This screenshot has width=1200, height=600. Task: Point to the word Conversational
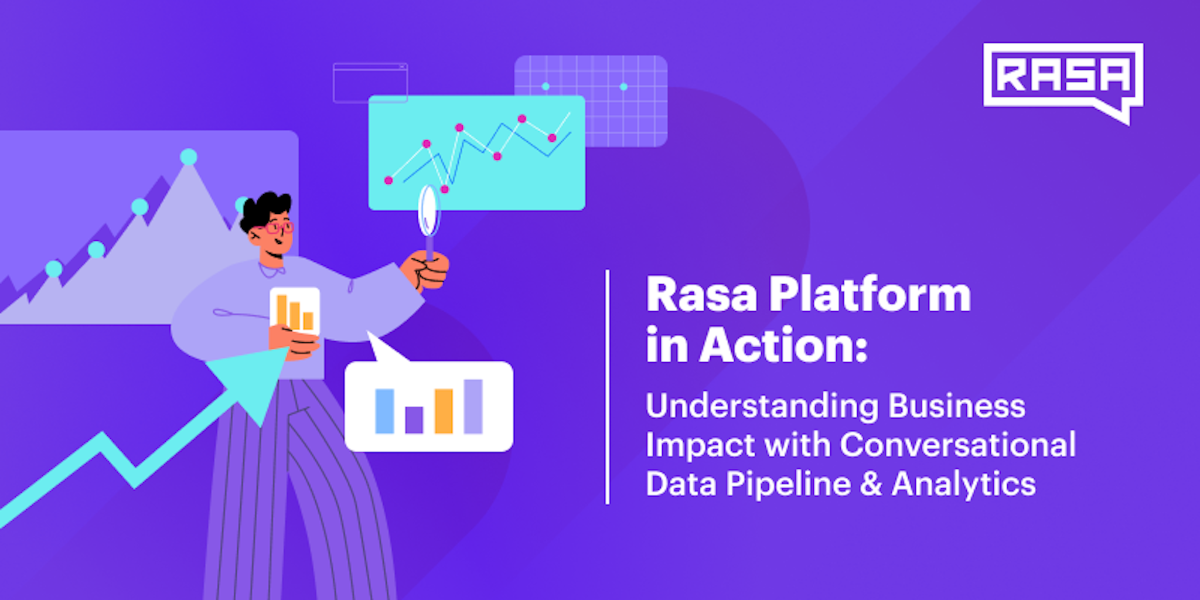(957, 445)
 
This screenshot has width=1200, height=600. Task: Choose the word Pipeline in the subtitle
(788, 485)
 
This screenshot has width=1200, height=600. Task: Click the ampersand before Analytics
(871, 485)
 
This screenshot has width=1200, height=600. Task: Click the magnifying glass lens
(428, 211)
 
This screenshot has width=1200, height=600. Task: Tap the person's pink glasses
(279, 227)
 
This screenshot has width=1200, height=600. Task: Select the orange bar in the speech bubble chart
(444, 411)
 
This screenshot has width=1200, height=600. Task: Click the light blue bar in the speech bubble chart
(384, 411)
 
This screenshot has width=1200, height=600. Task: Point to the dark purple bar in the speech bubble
(414, 420)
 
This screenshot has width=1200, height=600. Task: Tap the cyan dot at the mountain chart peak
(189, 157)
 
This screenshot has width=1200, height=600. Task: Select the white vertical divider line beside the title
(608, 387)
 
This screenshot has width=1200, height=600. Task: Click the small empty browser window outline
(370, 83)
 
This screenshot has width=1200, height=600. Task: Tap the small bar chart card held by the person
(295, 311)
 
